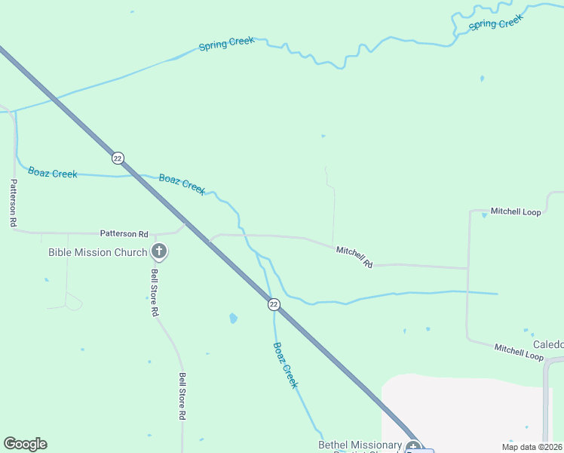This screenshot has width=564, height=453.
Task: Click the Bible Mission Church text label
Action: point(97,252)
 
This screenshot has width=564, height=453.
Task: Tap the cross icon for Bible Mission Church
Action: point(159,251)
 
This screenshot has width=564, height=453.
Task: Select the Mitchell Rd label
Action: point(354,257)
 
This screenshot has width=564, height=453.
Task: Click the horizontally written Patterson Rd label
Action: point(124,234)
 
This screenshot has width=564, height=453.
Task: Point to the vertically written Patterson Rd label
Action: point(13,203)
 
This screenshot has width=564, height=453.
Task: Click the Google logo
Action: point(25,444)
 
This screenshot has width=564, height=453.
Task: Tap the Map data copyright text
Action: point(532,447)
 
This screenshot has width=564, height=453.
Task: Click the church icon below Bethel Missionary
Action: point(412,447)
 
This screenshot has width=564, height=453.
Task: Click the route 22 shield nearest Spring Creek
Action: point(118,158)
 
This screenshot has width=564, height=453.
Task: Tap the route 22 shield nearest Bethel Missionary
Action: point(274,304)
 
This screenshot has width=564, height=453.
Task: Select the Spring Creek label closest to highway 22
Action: point(226,44)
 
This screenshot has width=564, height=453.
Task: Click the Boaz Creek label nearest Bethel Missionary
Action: point(286,365)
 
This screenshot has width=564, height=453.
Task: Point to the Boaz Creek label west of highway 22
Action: point(53,173)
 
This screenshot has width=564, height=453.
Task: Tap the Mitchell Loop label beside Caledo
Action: point(519,352)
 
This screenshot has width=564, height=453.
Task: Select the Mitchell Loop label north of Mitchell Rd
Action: point(516,212)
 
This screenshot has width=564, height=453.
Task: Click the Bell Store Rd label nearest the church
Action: point(155,292)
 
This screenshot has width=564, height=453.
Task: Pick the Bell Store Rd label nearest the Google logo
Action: point(182,396)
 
